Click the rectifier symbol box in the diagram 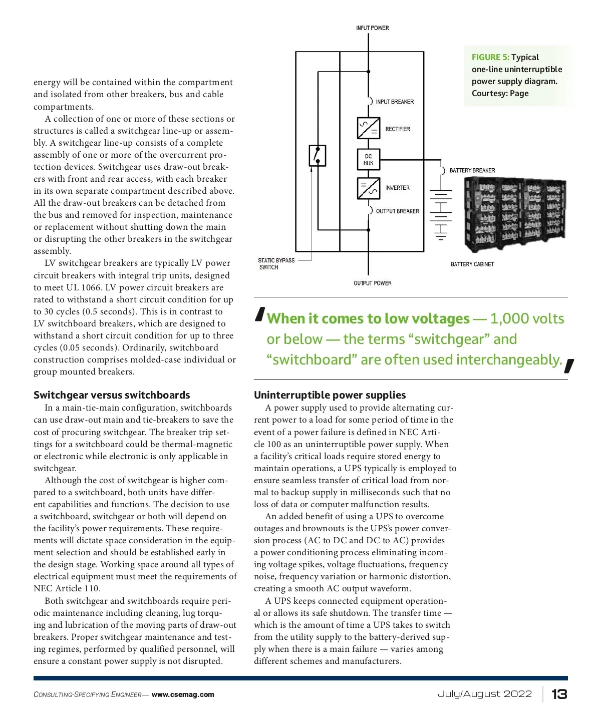click(368, 128)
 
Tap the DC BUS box click(368, 159)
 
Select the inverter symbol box click(368, 188)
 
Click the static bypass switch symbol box click(317, 155)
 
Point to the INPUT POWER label click(372, 28)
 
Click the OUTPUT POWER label click(372, 283)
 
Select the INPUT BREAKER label click(395, 102)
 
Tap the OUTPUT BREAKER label click(397, 211)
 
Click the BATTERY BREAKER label click(472, 171)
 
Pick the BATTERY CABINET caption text click(472, 264)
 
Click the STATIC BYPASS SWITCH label click(276, 264)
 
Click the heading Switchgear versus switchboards click(112, 395)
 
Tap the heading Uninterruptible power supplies click(330, 395)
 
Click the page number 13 click(559, 694)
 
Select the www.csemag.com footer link click(183, 695)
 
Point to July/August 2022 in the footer click(484, 694)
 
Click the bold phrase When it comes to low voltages click(368, 319)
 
